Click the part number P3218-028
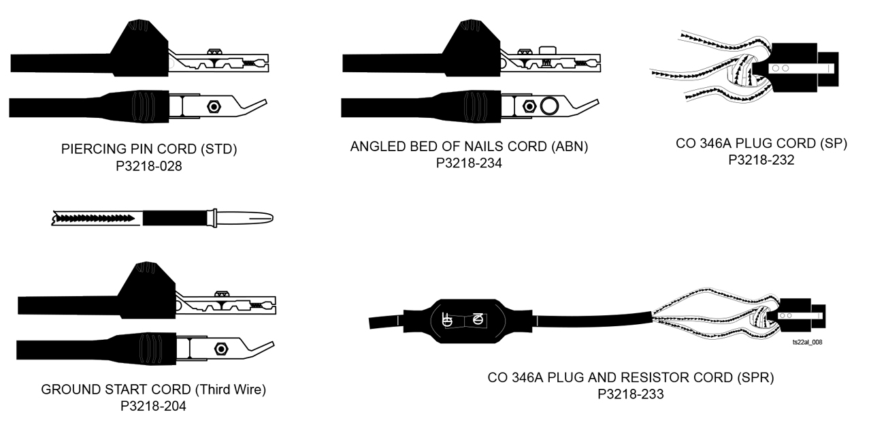tap(149, 165)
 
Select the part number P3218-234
tap(469, 163)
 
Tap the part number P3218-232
tap(761, 160)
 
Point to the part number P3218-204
tap(153, 406)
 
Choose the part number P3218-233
tap(631, 394)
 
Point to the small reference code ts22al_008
tap(807, 343)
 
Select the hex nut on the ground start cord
tap(220, 348)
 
